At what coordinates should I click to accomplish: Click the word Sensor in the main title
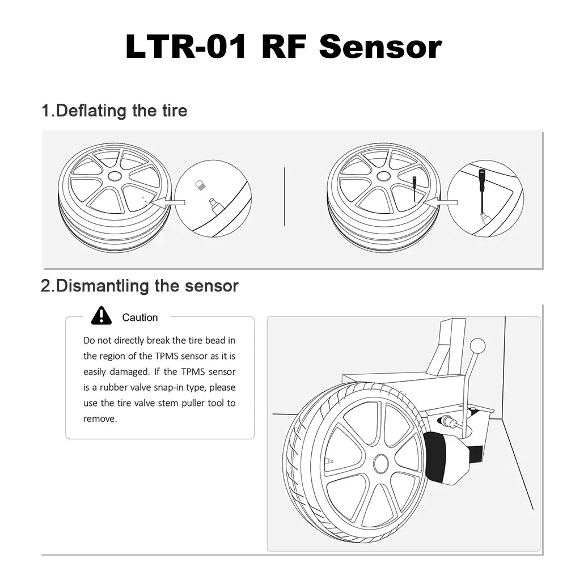click(x=380, y=46)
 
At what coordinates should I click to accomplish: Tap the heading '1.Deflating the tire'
click(x=114, y=110)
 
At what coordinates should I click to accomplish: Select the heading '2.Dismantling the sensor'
click(x=139, y=285)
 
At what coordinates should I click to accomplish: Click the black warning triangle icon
click(x=101, y=315)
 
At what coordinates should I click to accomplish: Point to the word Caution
click(x=140, y=318)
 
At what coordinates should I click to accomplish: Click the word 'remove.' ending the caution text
click(x=100, y=419)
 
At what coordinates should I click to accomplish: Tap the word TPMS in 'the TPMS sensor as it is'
click(x=167, y=356)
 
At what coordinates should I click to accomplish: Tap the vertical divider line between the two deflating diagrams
click(x=284, y=196)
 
